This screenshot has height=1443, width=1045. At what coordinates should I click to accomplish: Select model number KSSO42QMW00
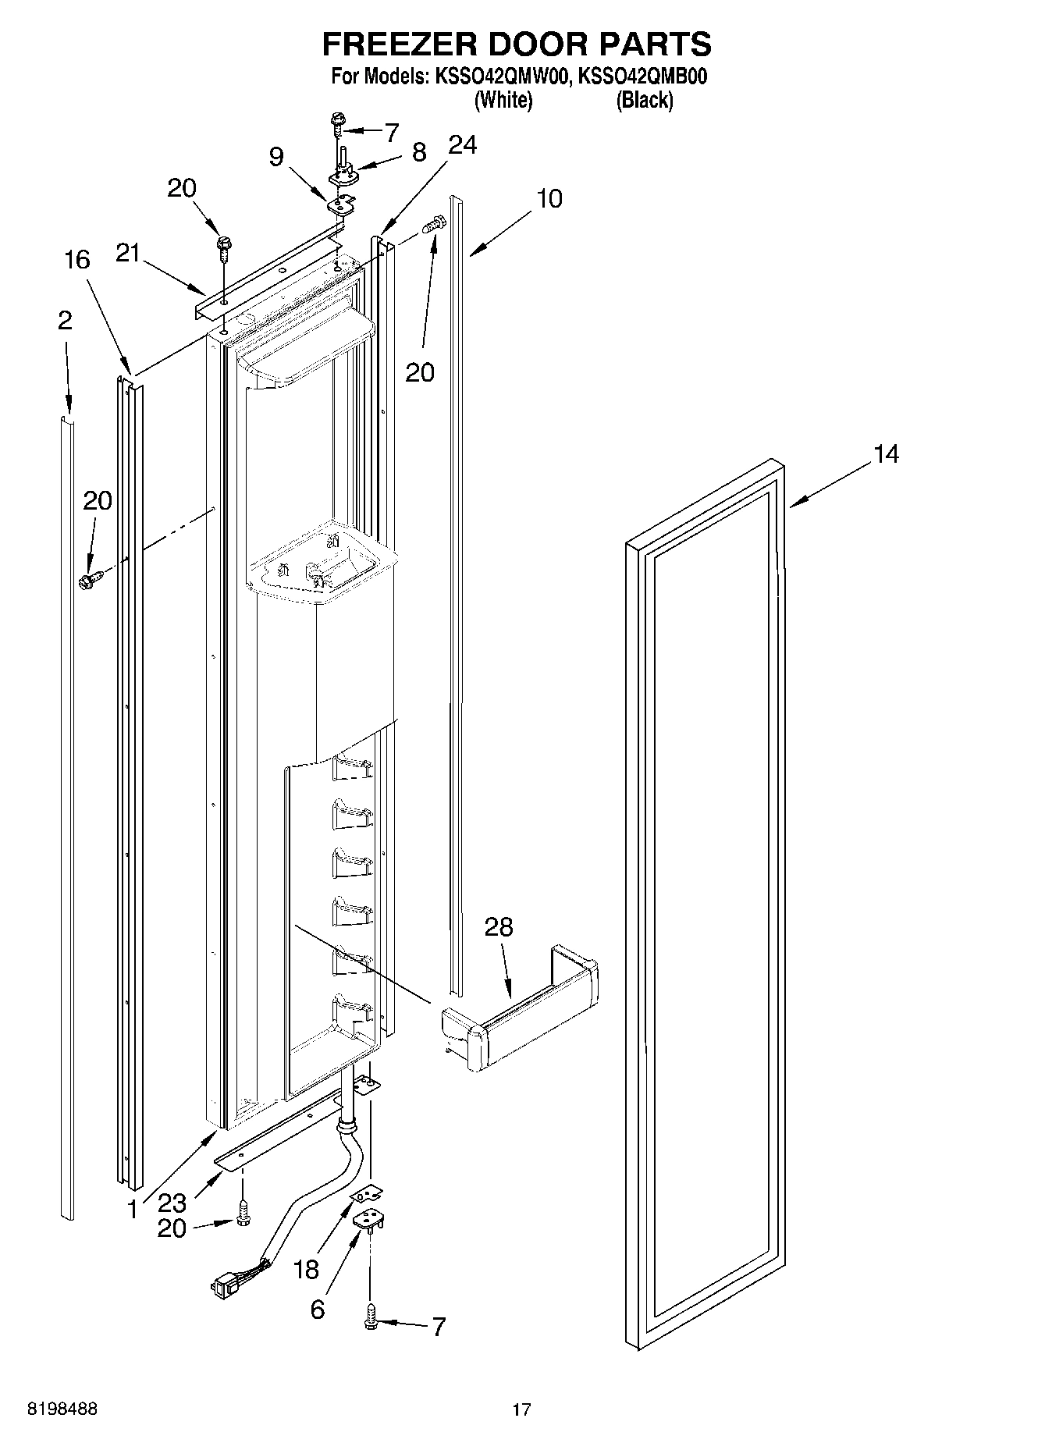coord(502,77)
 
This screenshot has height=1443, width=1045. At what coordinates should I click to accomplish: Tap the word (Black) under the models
coord(644,100)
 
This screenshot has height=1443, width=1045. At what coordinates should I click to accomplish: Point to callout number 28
coord(499,927)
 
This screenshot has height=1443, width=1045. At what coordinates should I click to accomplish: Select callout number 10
coord(549,199)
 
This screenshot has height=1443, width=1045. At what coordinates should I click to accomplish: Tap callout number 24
coord(463,146)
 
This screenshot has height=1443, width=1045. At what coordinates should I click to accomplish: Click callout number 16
coord(77,260)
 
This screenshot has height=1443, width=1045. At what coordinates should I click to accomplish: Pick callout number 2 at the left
coord(65,320)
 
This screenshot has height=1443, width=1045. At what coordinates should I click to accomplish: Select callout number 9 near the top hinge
coord(275,157)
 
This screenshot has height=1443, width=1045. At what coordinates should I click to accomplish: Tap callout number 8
coord(419,151)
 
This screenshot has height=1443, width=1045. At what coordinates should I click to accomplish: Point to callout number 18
coord(307,1270)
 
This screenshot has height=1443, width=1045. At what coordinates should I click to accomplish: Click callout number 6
coord(317,1309)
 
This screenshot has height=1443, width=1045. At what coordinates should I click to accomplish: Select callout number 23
coord(172,1202)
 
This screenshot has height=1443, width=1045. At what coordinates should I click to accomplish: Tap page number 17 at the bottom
coord(521,1409)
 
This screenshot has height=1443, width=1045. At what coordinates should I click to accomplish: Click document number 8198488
coord(62,1409)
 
